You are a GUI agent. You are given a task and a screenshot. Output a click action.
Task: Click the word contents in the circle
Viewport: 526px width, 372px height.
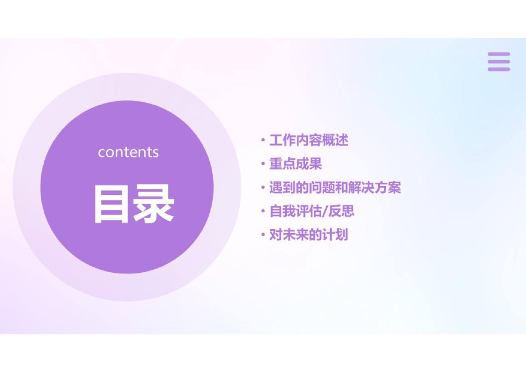(128, 152)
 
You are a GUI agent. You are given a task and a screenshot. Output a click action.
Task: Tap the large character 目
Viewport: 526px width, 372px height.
(111, 204)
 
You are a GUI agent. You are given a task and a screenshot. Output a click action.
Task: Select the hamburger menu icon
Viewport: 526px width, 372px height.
(499, 61)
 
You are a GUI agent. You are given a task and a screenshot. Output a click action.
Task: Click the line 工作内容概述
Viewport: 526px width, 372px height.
(308, 140)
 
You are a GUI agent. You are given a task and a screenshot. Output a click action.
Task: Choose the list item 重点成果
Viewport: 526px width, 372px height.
(296, 164)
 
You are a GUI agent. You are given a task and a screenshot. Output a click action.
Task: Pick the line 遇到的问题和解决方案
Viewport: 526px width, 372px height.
(335, 188)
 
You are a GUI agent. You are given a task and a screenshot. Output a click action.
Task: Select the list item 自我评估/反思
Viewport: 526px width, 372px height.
(312, 211)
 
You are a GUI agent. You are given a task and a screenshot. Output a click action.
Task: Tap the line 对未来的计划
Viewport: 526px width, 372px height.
(308, 235)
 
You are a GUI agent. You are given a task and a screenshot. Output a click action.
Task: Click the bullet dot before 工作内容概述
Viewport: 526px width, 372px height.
(263, 140)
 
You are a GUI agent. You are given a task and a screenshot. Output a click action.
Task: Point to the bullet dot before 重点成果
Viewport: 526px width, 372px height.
(263, 164)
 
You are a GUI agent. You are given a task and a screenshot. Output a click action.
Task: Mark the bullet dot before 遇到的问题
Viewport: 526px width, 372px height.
(263, 188)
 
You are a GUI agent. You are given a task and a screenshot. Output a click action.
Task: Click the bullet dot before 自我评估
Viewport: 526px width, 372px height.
(263, 211)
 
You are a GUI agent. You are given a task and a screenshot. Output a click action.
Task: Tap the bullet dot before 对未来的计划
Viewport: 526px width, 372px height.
(263, 235)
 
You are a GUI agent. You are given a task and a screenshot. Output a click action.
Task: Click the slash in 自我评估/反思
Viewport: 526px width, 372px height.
(324, 211)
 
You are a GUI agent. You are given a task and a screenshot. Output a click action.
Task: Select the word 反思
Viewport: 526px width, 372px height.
(342, 211)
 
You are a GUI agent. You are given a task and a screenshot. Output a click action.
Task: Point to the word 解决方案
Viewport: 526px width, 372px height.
(375, 188)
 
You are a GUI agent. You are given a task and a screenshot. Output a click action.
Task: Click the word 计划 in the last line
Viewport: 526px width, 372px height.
(335, 235)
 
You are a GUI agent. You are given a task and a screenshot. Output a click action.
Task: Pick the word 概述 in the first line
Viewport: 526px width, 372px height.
(335, 140)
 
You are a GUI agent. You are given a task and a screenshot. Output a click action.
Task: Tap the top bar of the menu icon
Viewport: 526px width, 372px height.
(499, 54)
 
